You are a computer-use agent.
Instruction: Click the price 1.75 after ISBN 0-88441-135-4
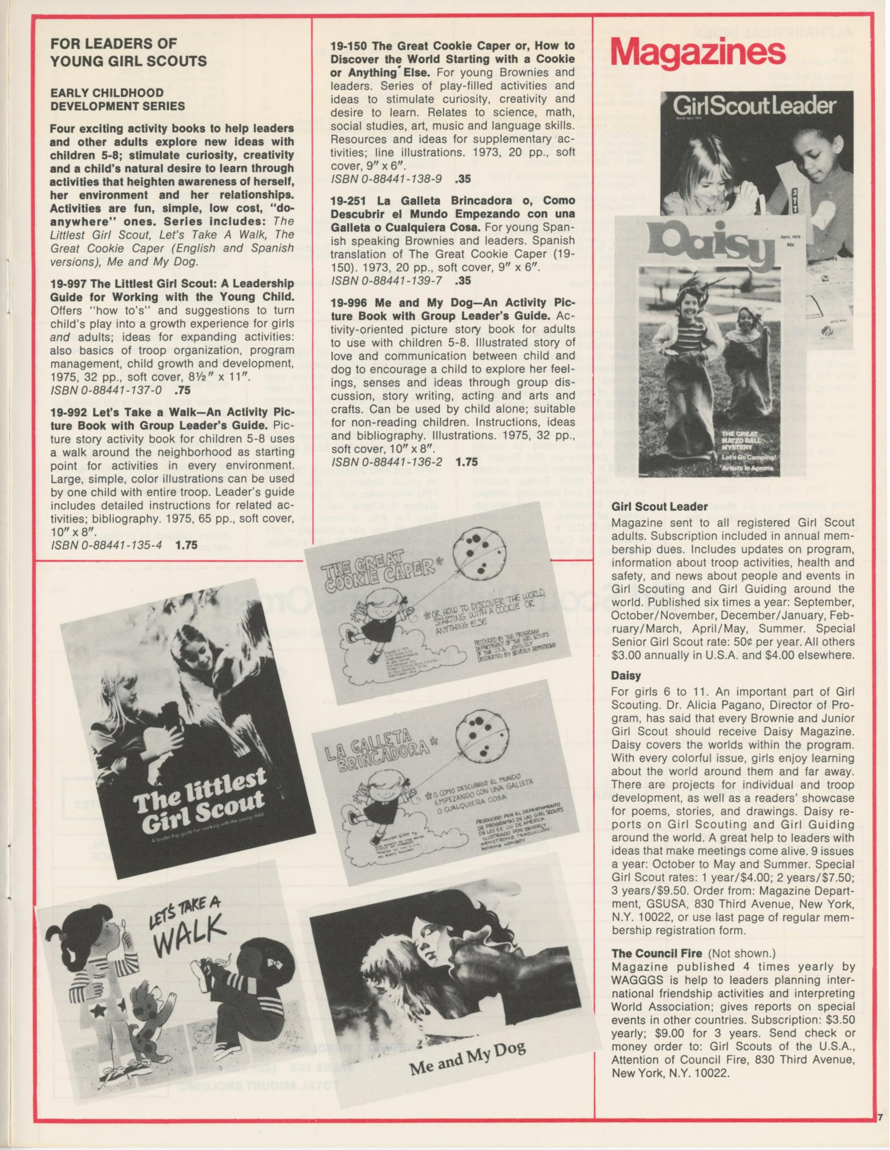pyautogui.click(x=186, y=545)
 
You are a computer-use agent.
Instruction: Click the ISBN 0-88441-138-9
pyautogui.click(x=386, y=179)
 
